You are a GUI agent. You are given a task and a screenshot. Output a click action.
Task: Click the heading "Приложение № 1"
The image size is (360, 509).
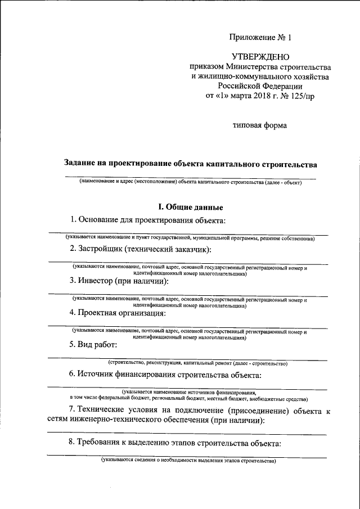click(260, 38)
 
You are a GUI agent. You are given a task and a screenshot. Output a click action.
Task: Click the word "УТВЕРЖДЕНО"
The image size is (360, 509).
click(260, 57)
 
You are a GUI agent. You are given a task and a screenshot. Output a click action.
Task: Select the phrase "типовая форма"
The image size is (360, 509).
click(260, 125)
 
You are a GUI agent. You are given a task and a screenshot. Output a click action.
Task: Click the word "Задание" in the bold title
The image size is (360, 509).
click(84, 164)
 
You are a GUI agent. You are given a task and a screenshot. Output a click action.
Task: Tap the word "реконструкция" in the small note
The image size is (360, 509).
click(162, 364)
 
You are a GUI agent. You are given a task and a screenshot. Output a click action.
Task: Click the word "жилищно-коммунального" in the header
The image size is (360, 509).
click(245, 76)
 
